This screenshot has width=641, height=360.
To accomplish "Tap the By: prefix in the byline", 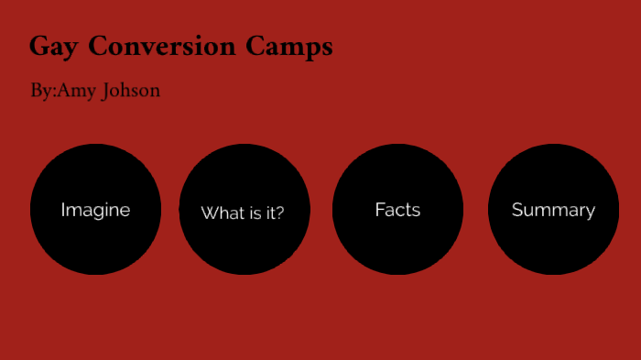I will point(43,92).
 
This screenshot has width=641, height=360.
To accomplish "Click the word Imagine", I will point(95,210).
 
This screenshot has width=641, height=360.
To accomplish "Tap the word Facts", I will point(397,210).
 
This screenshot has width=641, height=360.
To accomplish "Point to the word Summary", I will point(553,210).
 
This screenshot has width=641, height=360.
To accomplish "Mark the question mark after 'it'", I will point(280,213).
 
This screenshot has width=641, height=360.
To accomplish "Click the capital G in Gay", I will point(38,46).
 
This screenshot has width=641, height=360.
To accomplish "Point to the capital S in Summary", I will point(517,210).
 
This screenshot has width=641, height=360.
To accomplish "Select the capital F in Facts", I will point(379,210).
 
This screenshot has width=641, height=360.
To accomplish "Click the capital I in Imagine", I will point(63,210).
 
